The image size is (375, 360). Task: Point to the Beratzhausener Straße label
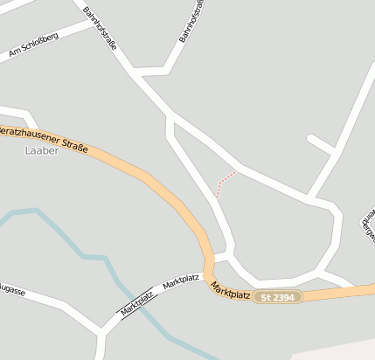click(44, 140)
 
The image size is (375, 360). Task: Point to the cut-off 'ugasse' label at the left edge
click(12, 290)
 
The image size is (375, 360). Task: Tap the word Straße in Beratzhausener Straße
click(73, 147)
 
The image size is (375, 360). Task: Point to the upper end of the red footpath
click(234, 173)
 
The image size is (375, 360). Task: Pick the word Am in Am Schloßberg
click(13, 54)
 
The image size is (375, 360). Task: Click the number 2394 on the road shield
click(285, 298)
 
